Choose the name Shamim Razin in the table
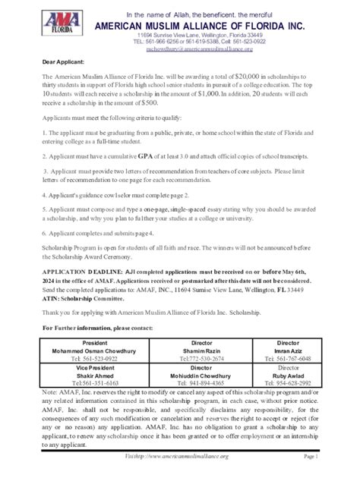tap(201, 351)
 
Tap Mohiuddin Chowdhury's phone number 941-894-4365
tap(201, 383)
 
